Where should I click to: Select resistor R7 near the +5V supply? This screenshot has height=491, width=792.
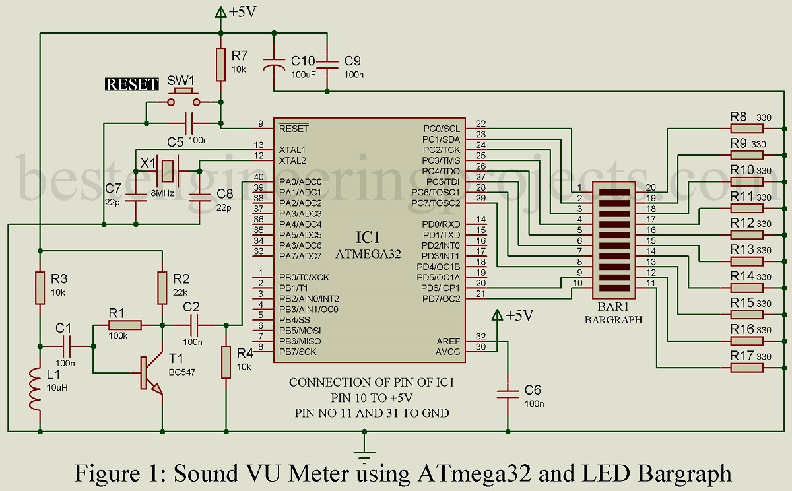pos(220,63)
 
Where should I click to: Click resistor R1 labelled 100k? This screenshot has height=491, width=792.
pos(125,325)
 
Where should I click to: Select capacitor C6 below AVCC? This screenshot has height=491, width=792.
pos(508,394)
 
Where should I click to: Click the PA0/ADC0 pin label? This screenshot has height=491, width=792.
pos(300,181)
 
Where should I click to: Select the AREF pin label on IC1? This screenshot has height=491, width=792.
pos(448,341)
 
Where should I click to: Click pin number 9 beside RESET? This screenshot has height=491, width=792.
pos(261,123)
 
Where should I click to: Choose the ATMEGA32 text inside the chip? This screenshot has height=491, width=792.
pos(369,253)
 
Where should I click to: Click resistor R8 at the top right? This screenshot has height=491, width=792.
pos(746,128)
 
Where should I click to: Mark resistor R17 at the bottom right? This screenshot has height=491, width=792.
pos(746,366)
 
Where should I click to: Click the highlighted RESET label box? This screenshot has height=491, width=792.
pos(133,84)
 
